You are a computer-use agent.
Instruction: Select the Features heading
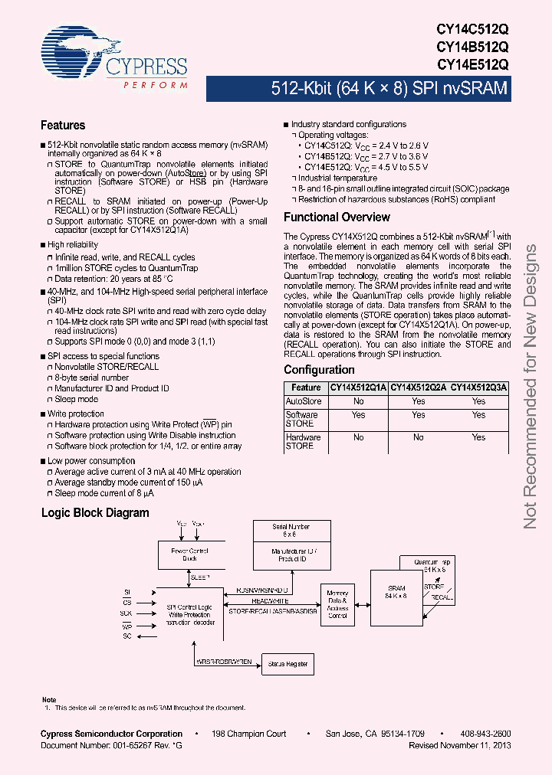pyautogui.click(x=63, y=126)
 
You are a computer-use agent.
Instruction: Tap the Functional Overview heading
pyautogui.click(x=337, y=217)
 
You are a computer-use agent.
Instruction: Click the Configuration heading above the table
pyautogui.click(x=319, y=370)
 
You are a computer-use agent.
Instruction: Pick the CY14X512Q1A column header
pyautogui.click(x=358, y=388)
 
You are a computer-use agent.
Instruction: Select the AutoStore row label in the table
pyautogui.click(x=304, y=401)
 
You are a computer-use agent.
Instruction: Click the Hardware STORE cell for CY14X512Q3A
pyautogui.click(x=478, y=437)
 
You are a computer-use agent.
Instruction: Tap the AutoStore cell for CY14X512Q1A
pyautogui.click(x=358, y=401)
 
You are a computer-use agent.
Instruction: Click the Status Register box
pyautogui.click(x=287, y=665)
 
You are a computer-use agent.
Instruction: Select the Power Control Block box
pyautogui.click(x=189, y=554)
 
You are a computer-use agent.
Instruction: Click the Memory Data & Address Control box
pyautogui.click(x=337, y=605)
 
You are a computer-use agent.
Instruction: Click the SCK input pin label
pyautogui.click(x=126, y=613)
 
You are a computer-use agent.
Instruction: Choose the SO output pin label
pyautogui.click(x=127, y=636)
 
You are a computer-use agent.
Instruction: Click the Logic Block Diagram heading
pyautogui.click(x=95, y=513)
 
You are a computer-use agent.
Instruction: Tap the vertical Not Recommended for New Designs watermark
pyautogui.click(x=531, y=387)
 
